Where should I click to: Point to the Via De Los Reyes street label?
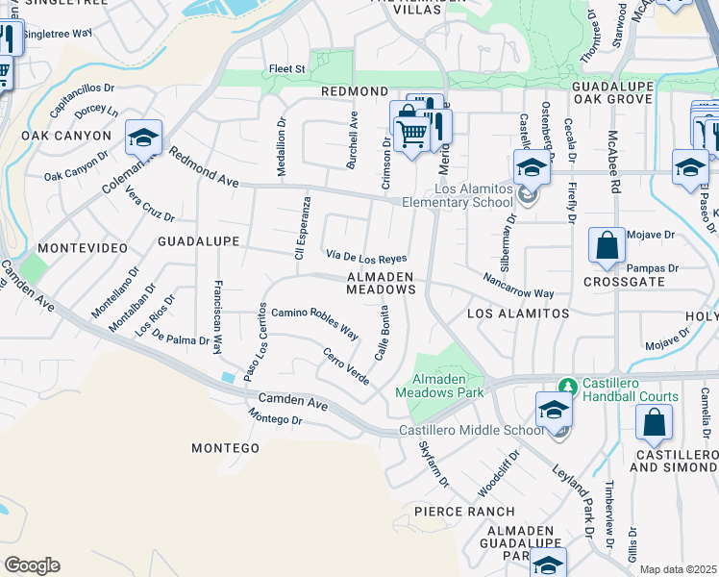[366, 257]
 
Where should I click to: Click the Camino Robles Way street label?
[314, 323]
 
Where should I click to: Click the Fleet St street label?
[286, 69]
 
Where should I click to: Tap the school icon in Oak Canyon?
[143, 140]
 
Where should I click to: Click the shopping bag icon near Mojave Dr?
[608, 247]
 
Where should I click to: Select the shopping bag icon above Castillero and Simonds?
[654, 422]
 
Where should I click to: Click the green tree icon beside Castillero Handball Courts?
[568, 386]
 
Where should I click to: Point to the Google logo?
[32, 565]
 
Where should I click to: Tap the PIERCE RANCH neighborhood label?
[453, 512]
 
